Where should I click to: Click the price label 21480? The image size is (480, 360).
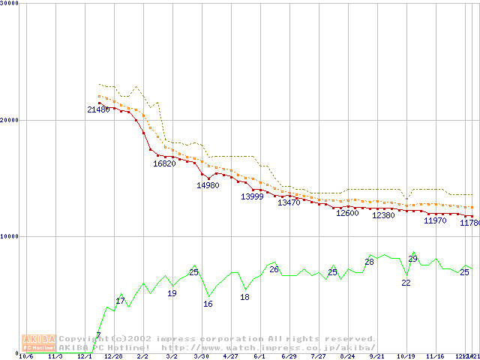click(98, 110)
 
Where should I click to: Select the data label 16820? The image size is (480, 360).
click(164, 163)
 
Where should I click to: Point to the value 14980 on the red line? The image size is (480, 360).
click(208, 185)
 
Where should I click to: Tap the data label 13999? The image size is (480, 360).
click(252, 196)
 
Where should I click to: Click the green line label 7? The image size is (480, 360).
click(98, 335)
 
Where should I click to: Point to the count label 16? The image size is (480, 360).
click(208, 304)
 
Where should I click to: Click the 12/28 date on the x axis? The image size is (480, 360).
click(113, 357)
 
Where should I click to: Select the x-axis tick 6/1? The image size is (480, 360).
click(259, 357)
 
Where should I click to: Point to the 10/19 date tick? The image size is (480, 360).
click(406, 357)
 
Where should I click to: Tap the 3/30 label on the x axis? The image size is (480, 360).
click(201, 357)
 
